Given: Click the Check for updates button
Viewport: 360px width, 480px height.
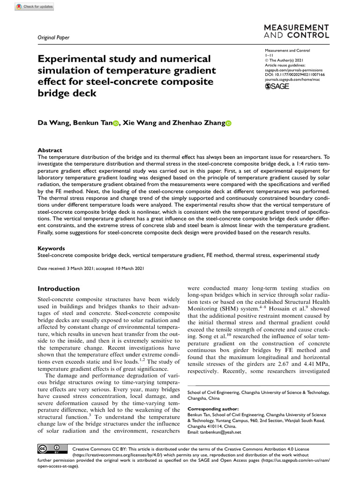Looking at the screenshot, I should pos(35,7).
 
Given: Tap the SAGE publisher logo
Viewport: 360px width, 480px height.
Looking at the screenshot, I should pos(277,86).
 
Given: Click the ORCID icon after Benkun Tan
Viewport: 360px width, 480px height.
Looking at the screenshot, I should pos(115,123).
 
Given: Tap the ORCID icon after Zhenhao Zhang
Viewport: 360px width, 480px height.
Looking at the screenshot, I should pos(229,123).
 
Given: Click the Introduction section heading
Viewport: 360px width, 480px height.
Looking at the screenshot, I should pos(59,289).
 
